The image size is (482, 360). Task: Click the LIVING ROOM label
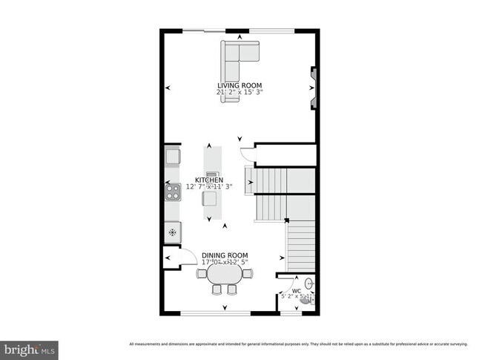240,85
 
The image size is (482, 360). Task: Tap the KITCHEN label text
208,180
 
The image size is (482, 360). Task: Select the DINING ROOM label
225,256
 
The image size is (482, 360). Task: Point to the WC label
296,291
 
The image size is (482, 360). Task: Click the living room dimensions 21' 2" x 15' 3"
240,92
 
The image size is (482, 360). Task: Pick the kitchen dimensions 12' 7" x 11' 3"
209,187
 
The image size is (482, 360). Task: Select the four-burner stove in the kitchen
172,192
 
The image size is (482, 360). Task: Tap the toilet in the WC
307,301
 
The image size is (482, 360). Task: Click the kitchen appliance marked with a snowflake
172,232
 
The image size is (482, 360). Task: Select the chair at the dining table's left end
202,273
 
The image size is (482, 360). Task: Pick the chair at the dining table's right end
247,273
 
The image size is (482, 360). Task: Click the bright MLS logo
30,347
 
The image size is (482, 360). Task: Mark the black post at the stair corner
286,220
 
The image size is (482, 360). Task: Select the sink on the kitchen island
212,175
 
